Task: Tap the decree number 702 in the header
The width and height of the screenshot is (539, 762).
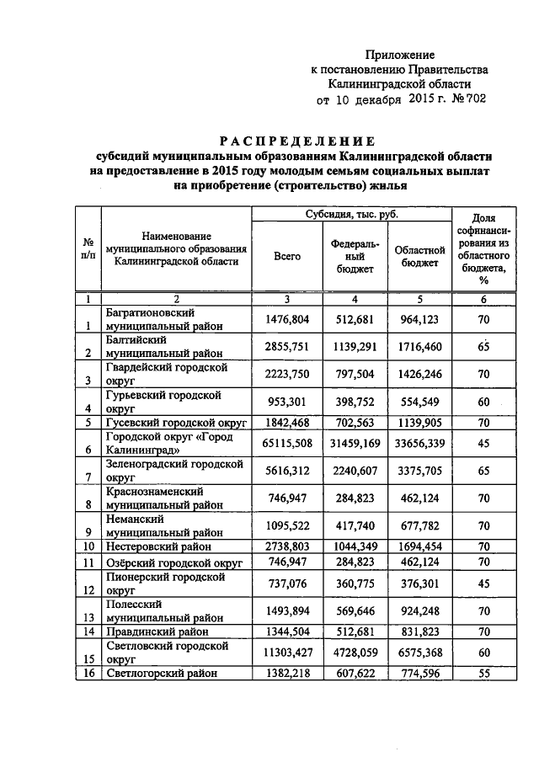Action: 474,99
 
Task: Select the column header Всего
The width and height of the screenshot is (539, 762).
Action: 287,256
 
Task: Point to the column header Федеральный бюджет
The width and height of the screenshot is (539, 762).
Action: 355,256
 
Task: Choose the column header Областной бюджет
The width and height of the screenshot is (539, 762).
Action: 419,256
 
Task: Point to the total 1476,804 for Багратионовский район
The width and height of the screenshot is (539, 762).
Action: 287,321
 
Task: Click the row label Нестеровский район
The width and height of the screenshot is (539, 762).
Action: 157,546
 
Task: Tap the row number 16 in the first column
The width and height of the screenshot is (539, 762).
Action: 88,674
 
